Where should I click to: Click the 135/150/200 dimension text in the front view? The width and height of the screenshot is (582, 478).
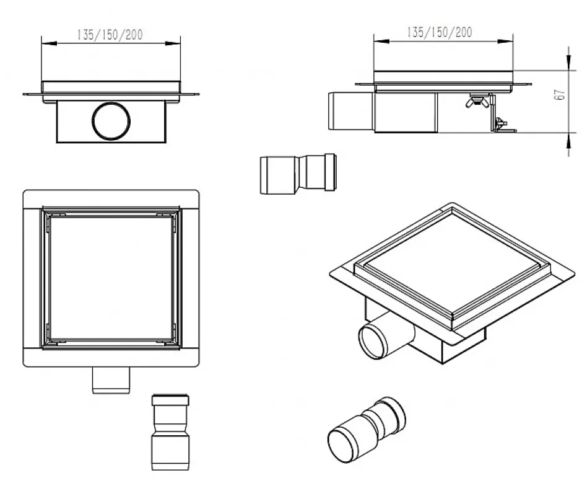[x=110, y=35]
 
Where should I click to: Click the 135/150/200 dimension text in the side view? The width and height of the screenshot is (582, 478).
[x=440, y=32]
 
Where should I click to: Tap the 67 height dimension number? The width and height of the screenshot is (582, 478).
[x=560, y=95]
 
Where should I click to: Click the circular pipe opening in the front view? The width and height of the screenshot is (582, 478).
[x=111, y=121]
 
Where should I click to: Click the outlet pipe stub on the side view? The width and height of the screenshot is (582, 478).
[x=351, y=111]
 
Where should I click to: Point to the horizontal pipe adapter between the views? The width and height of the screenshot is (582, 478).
[x=298, y=174]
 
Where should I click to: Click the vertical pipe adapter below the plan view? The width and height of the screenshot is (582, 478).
[x=170, y=433]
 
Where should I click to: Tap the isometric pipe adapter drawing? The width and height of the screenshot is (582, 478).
[x=367, y=430]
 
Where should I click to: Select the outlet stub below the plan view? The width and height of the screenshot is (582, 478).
[x=111, y=380]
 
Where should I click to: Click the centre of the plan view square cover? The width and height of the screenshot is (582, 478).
[x=111, y=278]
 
